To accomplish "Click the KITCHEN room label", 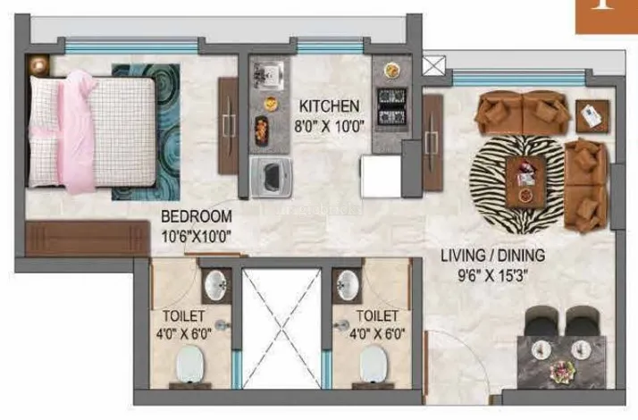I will click(330, 105).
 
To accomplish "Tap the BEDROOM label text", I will click(197, 217).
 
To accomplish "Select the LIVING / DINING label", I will click(493, 256).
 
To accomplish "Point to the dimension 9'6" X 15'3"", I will click(493, 275).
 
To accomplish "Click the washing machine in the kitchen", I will click(267, 175).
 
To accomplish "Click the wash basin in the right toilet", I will click(348, 286).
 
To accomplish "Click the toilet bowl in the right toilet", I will click(374, 366).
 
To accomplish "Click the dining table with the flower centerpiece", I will click(563, 358).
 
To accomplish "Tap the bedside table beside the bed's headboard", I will click(39, 63).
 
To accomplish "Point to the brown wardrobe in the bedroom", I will click(88, 239).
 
